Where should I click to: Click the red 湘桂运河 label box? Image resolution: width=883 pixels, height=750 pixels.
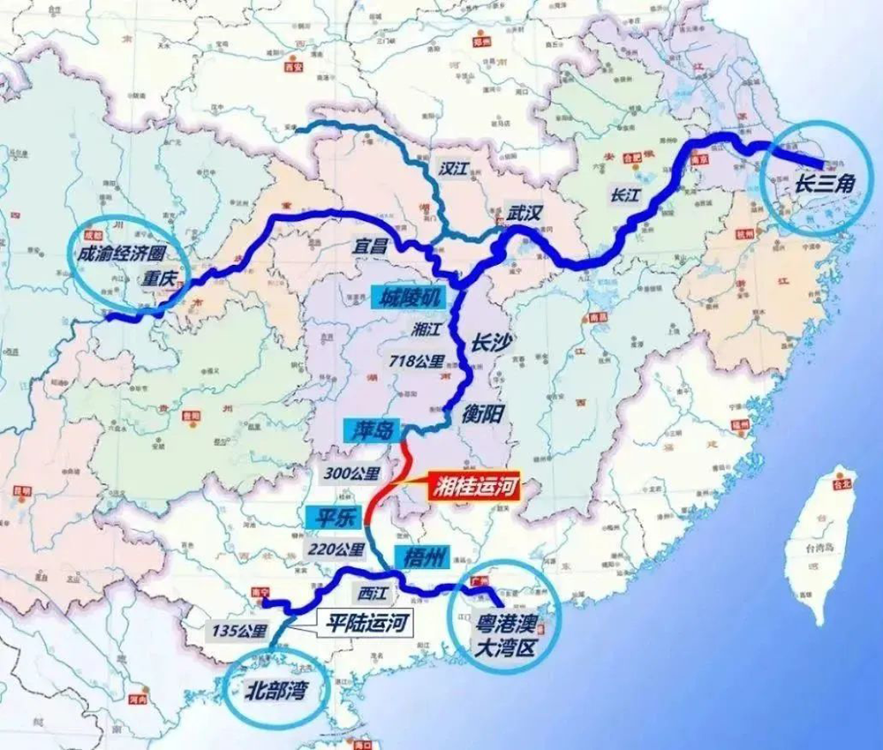(472, 485)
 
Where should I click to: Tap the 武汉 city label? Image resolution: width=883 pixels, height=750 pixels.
(525, 212)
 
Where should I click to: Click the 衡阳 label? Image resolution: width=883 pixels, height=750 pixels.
(487, 412)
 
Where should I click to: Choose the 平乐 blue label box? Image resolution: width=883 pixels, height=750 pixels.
(331, 518)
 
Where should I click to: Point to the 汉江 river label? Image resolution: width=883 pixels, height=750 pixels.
(455, 169)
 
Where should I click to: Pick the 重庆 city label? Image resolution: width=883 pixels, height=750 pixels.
(160, 281)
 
